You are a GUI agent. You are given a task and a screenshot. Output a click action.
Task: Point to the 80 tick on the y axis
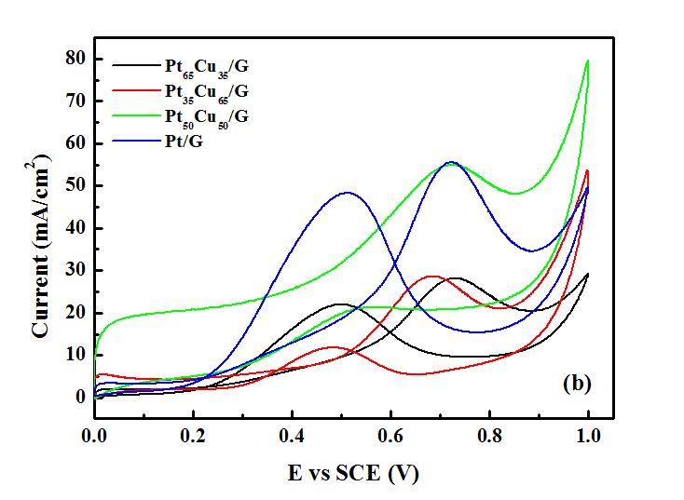(75, 60)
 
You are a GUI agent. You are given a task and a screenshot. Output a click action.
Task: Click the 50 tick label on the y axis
(75, 186)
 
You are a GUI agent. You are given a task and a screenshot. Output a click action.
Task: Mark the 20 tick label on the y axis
(75, 313)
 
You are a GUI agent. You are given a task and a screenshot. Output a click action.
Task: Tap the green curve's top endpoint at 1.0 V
(588, 61)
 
